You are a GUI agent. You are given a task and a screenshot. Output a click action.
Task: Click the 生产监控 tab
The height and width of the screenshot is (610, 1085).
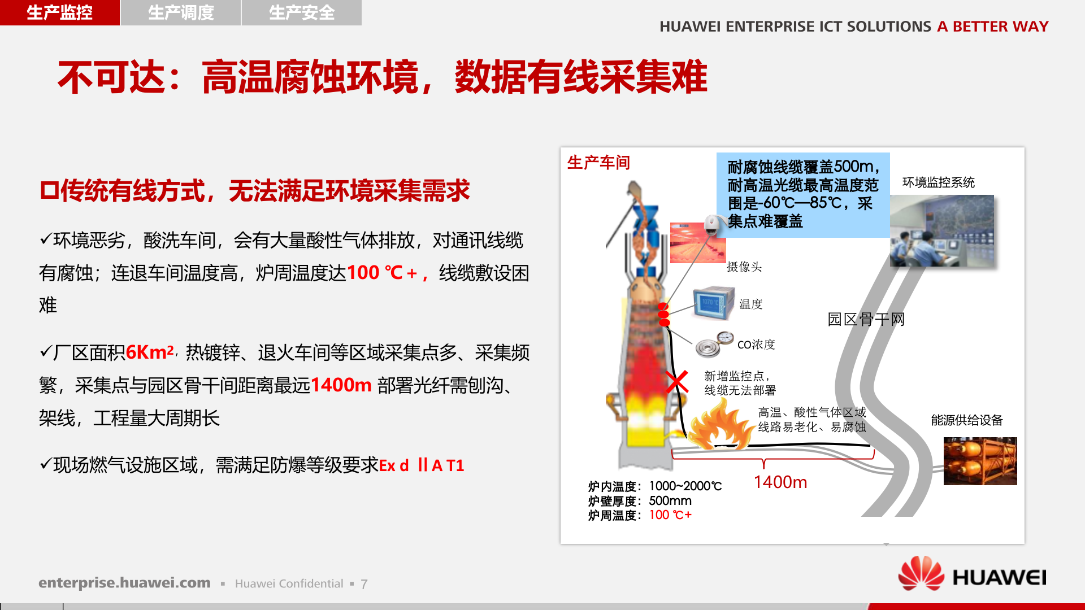(59, 12)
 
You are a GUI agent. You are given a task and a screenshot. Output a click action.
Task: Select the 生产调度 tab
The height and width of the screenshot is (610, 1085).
(181, 12)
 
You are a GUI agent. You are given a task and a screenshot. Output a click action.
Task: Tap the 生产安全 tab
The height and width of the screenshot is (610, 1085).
(302, 12)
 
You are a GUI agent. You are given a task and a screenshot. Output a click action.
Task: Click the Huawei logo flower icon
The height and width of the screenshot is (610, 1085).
(921, 573)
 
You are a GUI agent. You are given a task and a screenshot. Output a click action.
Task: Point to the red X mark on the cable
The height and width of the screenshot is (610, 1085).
(676, 382)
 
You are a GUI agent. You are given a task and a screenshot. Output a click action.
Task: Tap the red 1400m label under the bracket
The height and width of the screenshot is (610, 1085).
(780, 482)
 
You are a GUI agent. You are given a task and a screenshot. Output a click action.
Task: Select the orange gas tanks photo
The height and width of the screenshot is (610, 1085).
(980, 461)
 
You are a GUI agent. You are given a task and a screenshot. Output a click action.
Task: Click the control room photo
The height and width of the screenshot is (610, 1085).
(941, 230)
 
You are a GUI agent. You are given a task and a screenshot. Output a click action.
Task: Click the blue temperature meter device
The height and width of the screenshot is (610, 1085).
(714, 304)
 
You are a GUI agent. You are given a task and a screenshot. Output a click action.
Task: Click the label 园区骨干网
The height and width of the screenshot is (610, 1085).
(866, 320)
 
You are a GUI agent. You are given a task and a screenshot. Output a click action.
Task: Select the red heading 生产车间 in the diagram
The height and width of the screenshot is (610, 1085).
(598, 163)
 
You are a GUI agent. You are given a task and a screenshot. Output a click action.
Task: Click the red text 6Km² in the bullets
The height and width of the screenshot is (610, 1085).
(150, 352)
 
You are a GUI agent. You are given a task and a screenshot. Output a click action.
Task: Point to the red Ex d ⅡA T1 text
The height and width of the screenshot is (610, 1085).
(421, 465)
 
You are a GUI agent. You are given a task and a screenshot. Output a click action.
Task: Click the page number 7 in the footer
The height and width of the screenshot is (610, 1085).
(364, 584)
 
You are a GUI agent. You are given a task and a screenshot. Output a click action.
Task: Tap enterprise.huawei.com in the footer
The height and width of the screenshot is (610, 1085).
(124, 583)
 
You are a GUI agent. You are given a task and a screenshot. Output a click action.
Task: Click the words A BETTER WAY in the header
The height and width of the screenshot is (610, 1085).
(992, 27)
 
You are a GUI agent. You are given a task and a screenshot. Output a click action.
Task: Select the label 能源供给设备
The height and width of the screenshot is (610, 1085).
(967, 420)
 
